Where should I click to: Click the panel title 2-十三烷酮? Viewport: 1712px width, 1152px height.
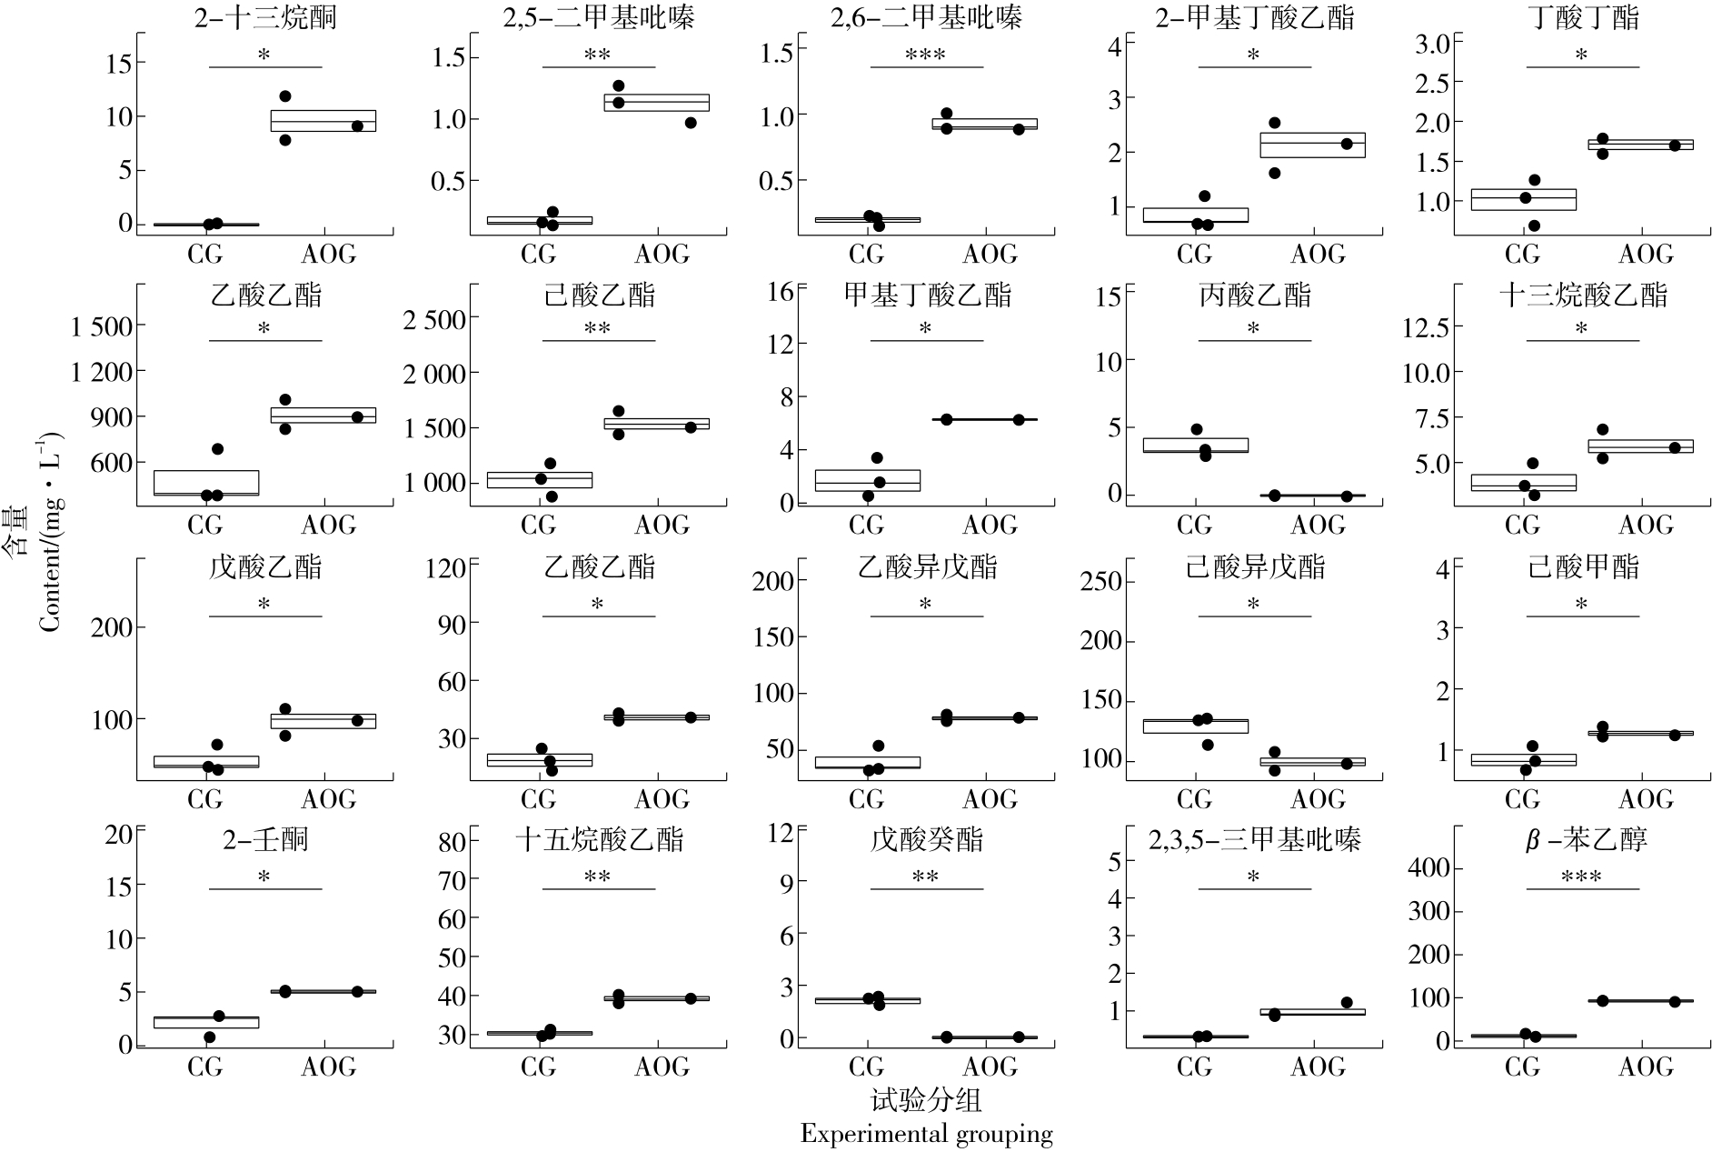tap(265, 18)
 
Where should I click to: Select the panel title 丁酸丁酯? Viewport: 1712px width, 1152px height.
tap(1583, 18)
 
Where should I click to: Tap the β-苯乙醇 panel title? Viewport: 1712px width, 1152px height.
tap(1585, 838)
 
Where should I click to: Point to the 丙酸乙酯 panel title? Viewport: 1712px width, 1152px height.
tap(1255, 295)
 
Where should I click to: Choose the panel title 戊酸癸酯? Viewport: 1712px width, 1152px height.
tap(926, 838)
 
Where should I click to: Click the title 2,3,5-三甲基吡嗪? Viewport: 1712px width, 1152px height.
tap(1255, 838)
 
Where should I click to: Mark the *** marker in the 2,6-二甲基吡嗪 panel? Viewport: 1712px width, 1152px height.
tap(926, 55)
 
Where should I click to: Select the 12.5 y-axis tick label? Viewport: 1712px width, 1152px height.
tap(1425, 327)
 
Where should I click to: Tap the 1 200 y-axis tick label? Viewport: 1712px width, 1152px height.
tap(101, 372)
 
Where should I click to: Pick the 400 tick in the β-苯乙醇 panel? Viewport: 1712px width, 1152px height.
tap(1428, 868)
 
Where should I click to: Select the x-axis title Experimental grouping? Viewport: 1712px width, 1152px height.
tap(926, 1135)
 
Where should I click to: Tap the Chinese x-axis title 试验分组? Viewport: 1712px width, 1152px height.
tap(926, 1101)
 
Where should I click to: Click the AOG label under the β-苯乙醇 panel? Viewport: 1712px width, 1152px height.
tap(1646, 1067)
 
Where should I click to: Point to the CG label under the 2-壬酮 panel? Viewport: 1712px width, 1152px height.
tap(204, 1067)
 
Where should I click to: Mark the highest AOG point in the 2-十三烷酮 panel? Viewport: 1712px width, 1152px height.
tap(284, 96)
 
